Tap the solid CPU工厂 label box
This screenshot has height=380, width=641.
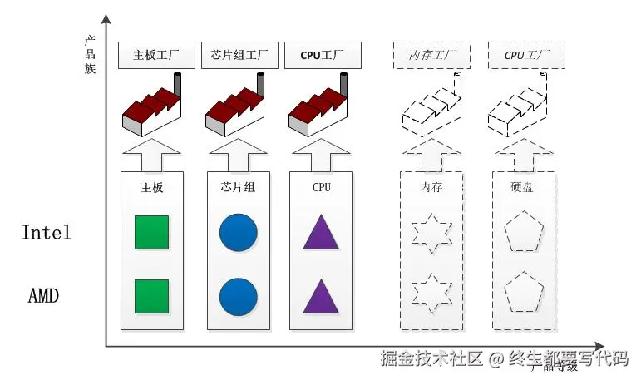(319, 56)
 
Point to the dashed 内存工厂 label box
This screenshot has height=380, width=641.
(431, 56)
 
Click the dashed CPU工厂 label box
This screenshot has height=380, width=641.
(526, 56)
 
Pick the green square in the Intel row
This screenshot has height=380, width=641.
(152, 233)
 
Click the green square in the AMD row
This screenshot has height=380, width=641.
(152, 296)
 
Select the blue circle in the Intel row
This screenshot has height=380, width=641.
(238, 233)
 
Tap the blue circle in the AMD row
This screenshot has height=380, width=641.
(238, 296)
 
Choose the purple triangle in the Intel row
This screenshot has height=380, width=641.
(321, 233)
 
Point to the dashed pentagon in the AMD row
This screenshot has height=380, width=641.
(525, 293)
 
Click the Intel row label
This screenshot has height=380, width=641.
(47, 232)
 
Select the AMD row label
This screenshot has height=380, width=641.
(44, 296)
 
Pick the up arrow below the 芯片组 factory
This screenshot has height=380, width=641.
(238, 155)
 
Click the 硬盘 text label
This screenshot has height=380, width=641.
(523, 188)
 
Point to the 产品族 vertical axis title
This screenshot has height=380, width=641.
(90, 54)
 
